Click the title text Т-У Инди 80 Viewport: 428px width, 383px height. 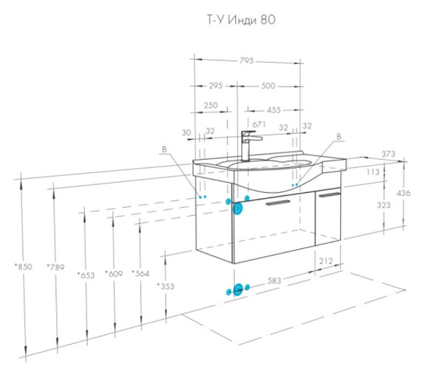[x=241, y=20]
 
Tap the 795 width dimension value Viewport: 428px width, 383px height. [x=246, y=60]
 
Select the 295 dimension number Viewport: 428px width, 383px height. [x=216, y=85]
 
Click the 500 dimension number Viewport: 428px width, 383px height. [x=268, y=86]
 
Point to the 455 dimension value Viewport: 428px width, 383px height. [x=274, y=110]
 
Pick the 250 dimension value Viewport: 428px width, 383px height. [x=211, y=105]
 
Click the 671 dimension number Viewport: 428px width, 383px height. [x=259, y=124]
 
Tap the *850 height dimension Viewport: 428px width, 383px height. [x=24, y=267]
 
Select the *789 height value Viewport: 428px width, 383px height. [x=55, y=267]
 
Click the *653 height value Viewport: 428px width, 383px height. [x=86, y=275]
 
